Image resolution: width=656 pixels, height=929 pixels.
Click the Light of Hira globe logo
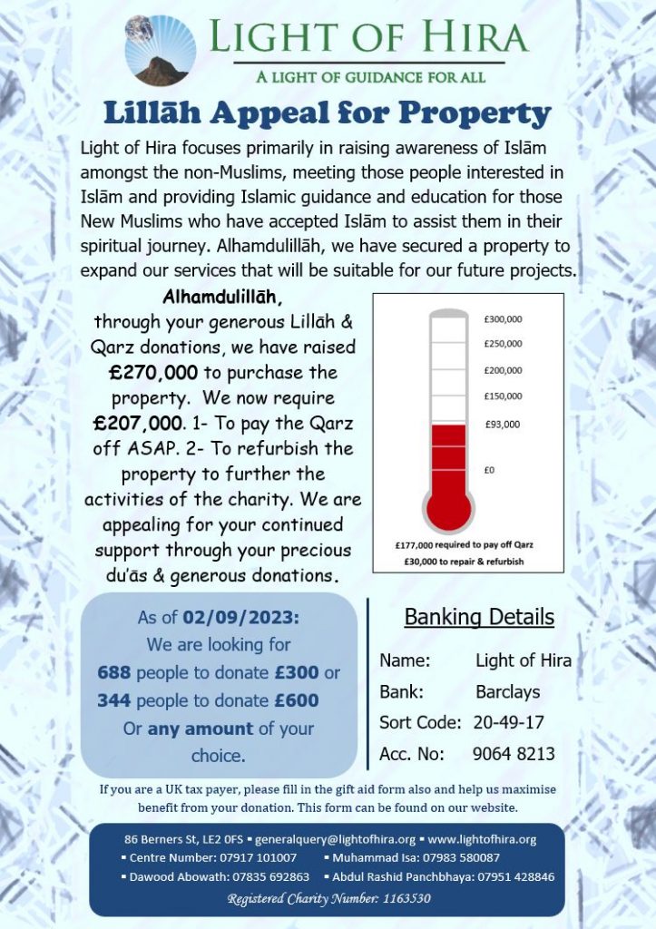[160, 49]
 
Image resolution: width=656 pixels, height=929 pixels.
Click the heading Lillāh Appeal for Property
[327, 113]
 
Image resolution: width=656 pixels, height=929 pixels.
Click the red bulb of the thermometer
[448, 504]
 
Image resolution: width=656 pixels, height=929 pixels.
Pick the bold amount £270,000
[145, 373]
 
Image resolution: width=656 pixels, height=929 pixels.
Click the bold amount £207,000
[137, 423]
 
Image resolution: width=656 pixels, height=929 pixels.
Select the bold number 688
[114, 673]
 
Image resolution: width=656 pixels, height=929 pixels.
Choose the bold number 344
[114, 700]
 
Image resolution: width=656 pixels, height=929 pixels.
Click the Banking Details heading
[478, 618]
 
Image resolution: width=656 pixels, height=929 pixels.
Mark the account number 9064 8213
[514, 754]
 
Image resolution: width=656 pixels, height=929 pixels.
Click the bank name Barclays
[507, 692]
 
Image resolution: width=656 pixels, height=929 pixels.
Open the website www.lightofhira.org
[482, 839]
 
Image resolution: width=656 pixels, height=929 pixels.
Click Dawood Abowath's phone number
[270, 876]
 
